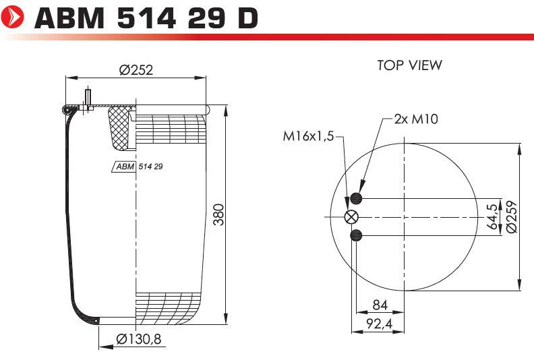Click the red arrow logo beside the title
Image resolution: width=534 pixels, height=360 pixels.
tap(13, 17)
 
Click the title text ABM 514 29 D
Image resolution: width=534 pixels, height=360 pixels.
tap(146, 18)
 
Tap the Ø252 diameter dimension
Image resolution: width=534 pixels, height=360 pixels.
tap(136, 70)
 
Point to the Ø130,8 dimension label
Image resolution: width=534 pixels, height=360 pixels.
tap(139, 339)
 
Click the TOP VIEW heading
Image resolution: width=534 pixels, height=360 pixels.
tap(410, 65)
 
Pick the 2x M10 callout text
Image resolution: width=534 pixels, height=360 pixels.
tap(416, 119)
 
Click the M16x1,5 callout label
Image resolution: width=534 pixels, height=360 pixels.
tap(309, 137)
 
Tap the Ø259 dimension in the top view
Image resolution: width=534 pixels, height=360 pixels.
tap(512, 216)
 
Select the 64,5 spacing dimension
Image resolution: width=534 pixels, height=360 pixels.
tap(492, 216)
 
